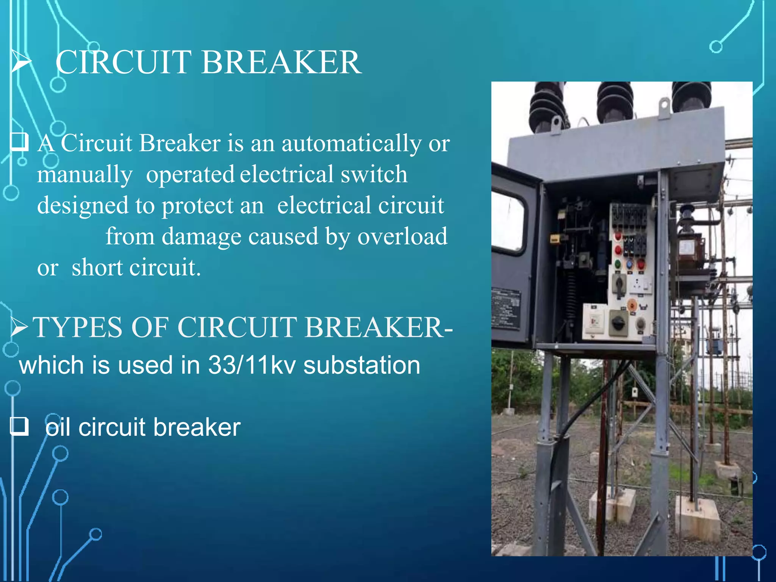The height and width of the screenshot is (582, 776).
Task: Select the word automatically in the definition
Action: pyautogui.click(x=351, y=144)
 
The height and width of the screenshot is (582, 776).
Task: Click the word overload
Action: pyautogui.click(x=402, y=236)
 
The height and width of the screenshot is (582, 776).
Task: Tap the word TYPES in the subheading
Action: pyautogui.click(x=77, y=327)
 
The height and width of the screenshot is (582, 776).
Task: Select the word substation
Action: pyautogui.click(x=362, y=365)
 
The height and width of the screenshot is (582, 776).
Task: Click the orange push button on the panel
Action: pyautogui.click(x=632, y=304)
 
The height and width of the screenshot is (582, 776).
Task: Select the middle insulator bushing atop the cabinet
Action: pyautogui.click(x=615, y=100)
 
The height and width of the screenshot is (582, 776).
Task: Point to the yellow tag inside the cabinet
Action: pyautogui.click(x=555, y=239)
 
